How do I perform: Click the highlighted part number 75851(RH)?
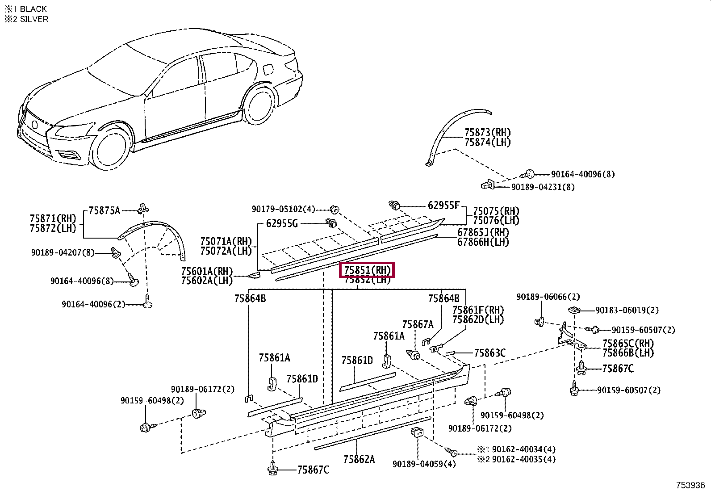coord(367,270)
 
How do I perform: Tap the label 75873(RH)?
coord(487,133)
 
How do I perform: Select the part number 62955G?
coord(281,223)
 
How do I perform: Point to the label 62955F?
coord(443,206)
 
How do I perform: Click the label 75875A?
coord(104,210)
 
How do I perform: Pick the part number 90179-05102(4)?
coord(283,209)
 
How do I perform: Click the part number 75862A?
coord(359,459)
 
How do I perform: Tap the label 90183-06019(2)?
coord(627,310)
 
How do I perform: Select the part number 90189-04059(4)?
coord(424,464)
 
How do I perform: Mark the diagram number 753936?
coord(690,485)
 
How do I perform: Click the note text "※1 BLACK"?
coord(25,9)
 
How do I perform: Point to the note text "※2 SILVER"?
coord(26,19)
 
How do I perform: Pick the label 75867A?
coord(418,324)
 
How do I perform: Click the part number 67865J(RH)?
coord(483,232)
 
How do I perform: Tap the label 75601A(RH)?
coord(207,271)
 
